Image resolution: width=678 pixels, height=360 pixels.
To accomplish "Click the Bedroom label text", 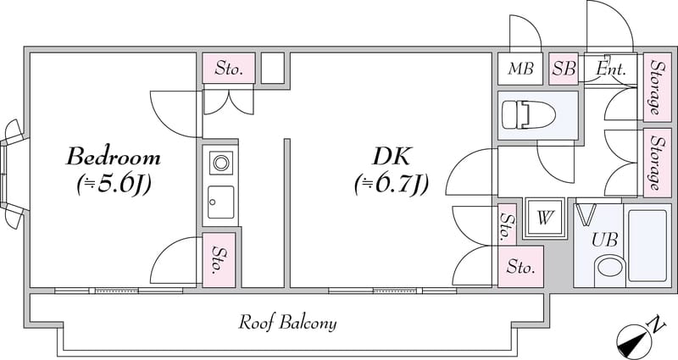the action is pyautogui.click(x=114, y=157).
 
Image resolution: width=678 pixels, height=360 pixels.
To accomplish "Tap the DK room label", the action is pyautogui.click(x=392, y=157).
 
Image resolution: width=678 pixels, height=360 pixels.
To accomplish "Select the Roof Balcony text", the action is pyautogui.click(x=287, y=323).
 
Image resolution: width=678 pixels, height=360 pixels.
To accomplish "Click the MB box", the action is pyautogui.click(x=520, y=69).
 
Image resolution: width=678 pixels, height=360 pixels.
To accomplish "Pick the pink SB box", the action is pyautogui.click(x=564, y=69).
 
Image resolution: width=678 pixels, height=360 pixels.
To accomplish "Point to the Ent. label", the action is pyautogui.click(x=611, y=69).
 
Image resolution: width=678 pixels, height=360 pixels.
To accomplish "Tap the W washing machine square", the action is pyautogui.click(x=545, y=218).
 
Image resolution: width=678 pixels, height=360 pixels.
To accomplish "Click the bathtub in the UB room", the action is pyautogui.click(x=647, y=246).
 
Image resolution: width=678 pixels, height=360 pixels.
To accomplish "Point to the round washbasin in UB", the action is pyautogui.click(x=609, y=268).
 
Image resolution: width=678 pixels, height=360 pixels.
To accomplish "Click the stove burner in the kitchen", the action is pyautogui.click(x=221, y=163).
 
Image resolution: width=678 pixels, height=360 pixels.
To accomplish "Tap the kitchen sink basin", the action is pyautogui.click(x=220, y=202).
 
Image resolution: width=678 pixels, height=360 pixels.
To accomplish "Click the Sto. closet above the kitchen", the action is pyautogui.click(x=228, y=69).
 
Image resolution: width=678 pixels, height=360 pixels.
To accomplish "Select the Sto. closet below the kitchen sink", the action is pyautogui.click(x=219, y=260).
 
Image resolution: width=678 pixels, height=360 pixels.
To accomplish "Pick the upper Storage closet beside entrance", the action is pyautogui.click(x=657, y=87).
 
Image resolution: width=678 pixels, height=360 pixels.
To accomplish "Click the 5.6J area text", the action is pyautogui.click(x=114, y=185).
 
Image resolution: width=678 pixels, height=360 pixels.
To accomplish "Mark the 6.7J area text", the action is pyautogui.click(x=392, y=185).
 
